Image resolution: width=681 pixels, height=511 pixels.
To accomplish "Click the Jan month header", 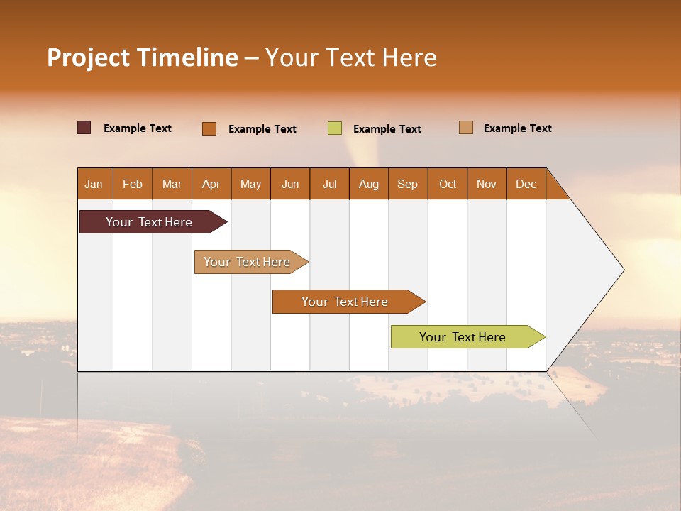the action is coord(94,184).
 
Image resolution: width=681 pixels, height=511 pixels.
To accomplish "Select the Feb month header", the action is coord(133,184).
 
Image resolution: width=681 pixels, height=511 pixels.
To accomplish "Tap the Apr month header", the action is coord(211,184).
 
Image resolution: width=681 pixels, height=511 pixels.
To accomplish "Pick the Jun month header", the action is coord(290,184).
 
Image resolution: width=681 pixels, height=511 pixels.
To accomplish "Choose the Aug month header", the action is coord(368,184).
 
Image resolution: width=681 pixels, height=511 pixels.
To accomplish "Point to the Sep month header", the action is coord(407,184).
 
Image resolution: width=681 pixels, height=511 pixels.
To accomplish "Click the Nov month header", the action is coord(487,184).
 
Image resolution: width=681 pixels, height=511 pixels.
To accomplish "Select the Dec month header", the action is coord(526,184).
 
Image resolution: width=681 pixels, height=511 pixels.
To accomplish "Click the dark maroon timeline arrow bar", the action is coord(150,222).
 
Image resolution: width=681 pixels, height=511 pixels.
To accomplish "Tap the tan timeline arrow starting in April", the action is coord(248,262).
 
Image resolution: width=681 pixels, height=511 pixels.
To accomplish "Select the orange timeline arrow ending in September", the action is coord(345,302).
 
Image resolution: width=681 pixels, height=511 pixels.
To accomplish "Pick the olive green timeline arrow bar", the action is coord(463,337).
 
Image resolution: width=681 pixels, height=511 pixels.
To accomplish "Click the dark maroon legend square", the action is coord(84,128).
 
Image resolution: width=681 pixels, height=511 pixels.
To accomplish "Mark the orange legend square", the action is coord(209,128).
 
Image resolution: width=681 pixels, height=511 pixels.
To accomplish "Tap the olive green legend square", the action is coord(335,128).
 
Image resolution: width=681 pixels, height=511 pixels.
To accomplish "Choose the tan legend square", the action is coord(465,128).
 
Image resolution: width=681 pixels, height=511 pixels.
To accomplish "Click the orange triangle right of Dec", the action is coord(555,188).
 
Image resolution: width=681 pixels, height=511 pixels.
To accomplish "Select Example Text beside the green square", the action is coord(387,129).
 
